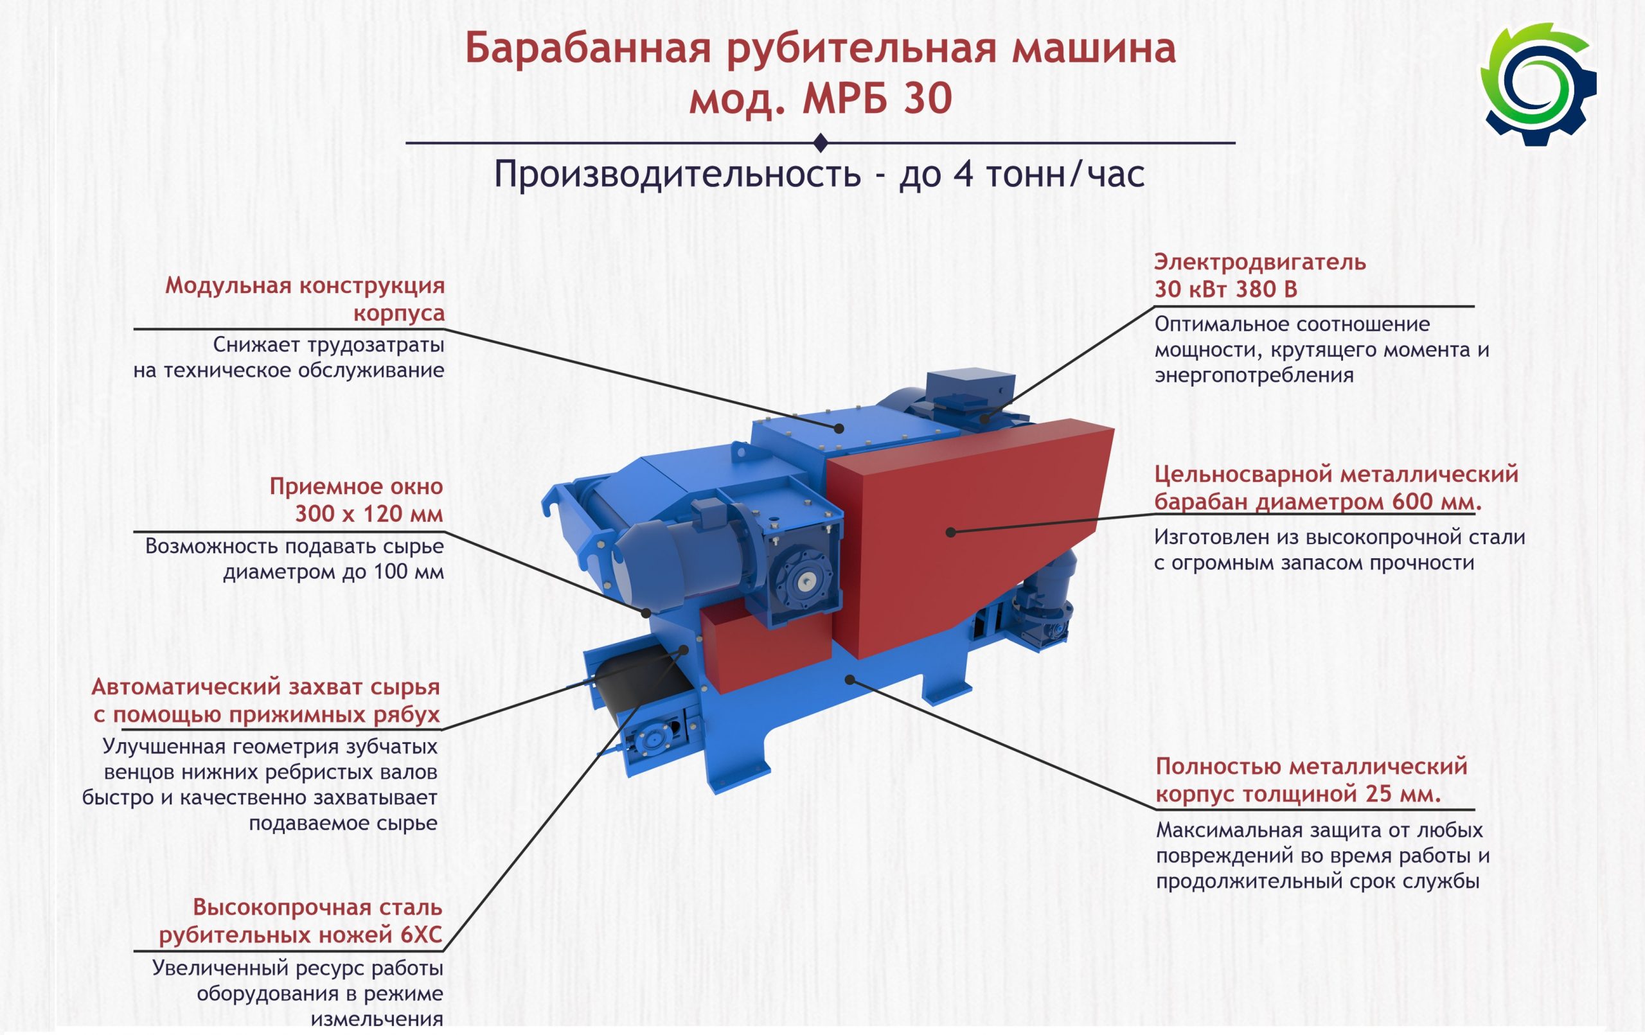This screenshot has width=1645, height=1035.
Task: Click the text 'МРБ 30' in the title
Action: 877,98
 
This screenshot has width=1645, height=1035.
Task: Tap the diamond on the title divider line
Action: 821,143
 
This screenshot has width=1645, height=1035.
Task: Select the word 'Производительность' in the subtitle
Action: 677,174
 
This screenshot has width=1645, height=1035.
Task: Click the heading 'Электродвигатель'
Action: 1259,261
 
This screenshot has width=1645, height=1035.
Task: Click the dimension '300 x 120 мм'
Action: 369,513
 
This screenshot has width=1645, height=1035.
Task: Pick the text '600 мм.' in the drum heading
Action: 1437,502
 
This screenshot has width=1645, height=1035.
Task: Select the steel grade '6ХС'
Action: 421,934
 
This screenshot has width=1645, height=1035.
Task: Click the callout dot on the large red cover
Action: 951,532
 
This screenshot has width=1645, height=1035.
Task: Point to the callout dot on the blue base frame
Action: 850,680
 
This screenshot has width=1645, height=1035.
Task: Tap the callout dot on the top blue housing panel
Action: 840,429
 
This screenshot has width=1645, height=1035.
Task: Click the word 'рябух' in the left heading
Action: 407,714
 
